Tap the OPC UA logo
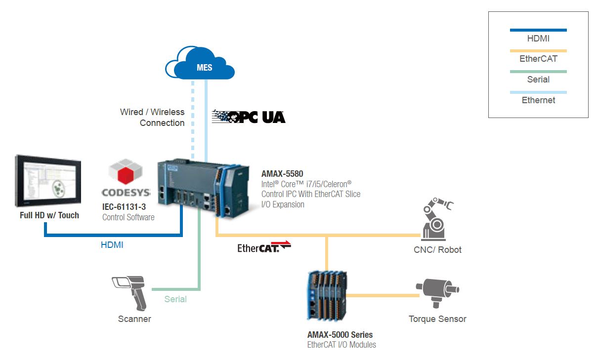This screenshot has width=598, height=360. point(249,117)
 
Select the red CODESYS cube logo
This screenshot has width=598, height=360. point(126,171)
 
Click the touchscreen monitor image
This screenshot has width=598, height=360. point(48,181)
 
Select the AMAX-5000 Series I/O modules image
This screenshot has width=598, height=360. point(327,295)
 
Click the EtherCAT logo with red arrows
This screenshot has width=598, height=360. point(264,247)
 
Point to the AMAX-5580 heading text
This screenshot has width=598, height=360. point(282,174)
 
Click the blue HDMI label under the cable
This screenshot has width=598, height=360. point(112,245)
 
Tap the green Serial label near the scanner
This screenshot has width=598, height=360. point(175,299)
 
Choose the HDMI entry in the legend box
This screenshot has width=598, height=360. point(538,39)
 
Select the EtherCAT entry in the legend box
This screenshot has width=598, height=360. point(538,59)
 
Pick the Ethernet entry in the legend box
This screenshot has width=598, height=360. point(538,100)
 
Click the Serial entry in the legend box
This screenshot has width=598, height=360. point(538,80)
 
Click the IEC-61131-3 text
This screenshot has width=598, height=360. point(124,207)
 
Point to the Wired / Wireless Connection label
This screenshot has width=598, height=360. point(152,118)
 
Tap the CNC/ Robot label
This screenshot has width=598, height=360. point(437,250)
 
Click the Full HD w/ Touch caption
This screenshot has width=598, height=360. point(49,215)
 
